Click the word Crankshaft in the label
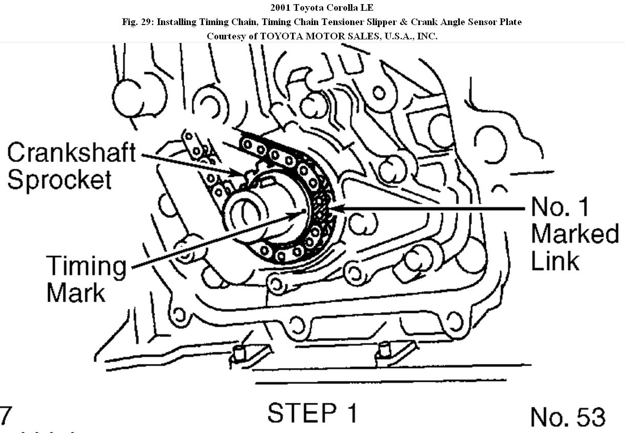71,153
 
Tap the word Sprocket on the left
59,179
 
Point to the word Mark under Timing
76,293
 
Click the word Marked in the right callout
574,233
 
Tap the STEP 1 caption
312,413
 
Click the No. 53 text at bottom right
567,417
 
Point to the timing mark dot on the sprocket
304,211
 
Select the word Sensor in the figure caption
481,22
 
